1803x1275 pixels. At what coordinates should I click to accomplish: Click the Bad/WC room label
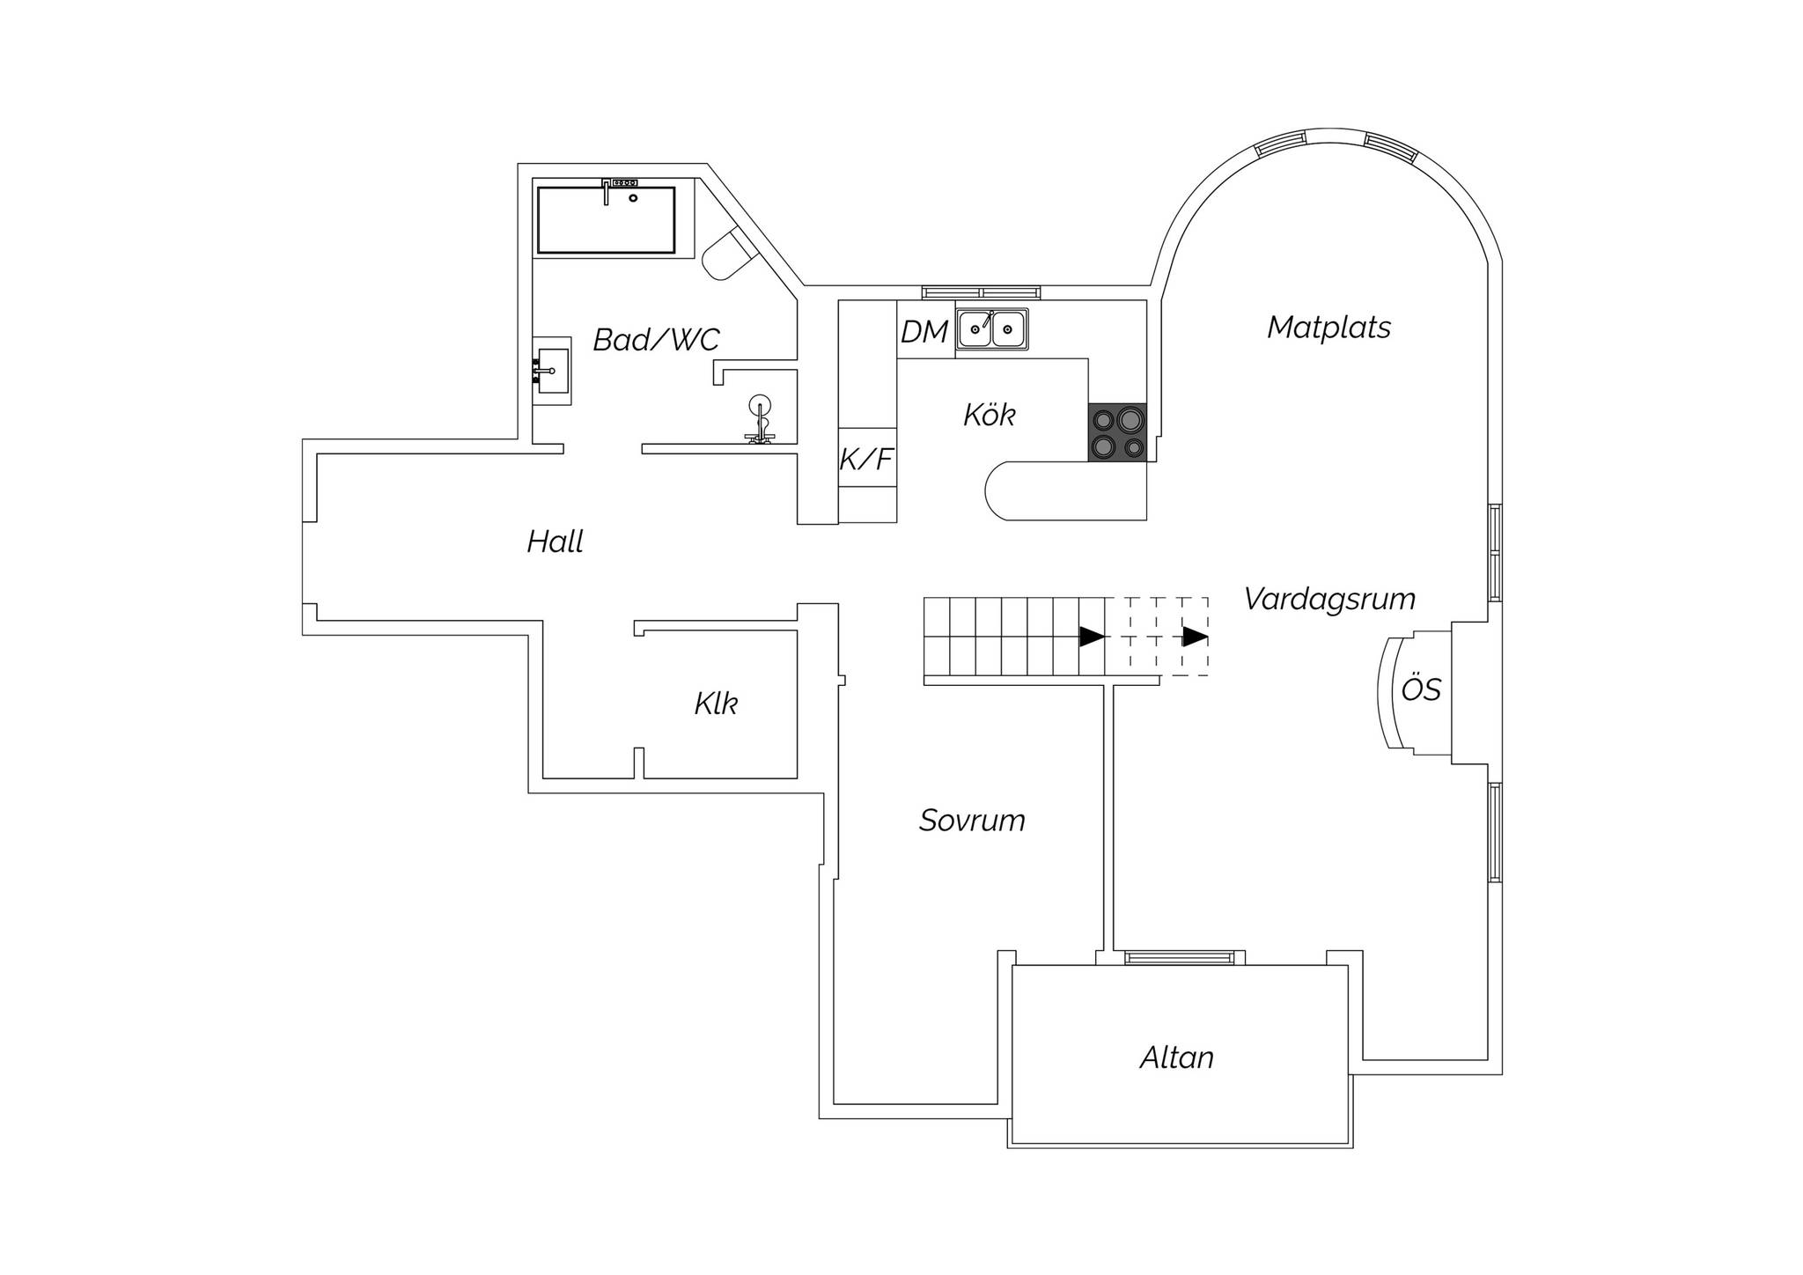pyautogui.click(x=656, y=339)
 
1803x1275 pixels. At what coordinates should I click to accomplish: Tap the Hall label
pyautogui.click(x=555, y=541)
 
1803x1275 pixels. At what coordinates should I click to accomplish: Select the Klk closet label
pyautogui.click(x=716, y=703)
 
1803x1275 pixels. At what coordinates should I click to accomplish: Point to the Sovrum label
pyautogui.click(x=972, y=821)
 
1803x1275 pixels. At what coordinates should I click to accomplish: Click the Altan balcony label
pyautogui.click(x=1177, y=1057)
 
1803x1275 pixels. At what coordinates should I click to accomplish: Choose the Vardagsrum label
pyautogui.click(x=1329, y=599)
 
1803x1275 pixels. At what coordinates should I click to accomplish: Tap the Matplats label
pyautogui.click(x=1328, y=328)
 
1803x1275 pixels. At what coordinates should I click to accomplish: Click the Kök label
pyautogui.click(x=990, y=414)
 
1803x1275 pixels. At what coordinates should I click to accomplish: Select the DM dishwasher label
pyautogui.click(x=924, y=332)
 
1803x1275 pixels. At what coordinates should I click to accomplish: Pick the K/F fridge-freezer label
pyautogui.click(x=866, y=459)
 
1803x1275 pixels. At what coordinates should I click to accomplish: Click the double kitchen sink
pyautogui.click(x=992, y=329)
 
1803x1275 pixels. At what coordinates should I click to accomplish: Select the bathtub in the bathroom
pyautogui.click(x=607, y=219)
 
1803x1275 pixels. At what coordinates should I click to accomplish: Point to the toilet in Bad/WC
pyautogui.click(x=729, y=254)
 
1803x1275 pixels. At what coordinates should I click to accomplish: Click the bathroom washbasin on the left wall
pyautogui.click(x=553, y=371)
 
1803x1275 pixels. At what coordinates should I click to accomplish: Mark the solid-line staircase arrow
pyautogui.click(x=1093, y=636)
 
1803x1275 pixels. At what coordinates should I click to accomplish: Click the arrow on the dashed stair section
pyautogui.click(x=1195, y=636)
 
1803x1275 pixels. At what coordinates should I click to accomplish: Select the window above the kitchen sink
pyautogui.click(x=982, y=292)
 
